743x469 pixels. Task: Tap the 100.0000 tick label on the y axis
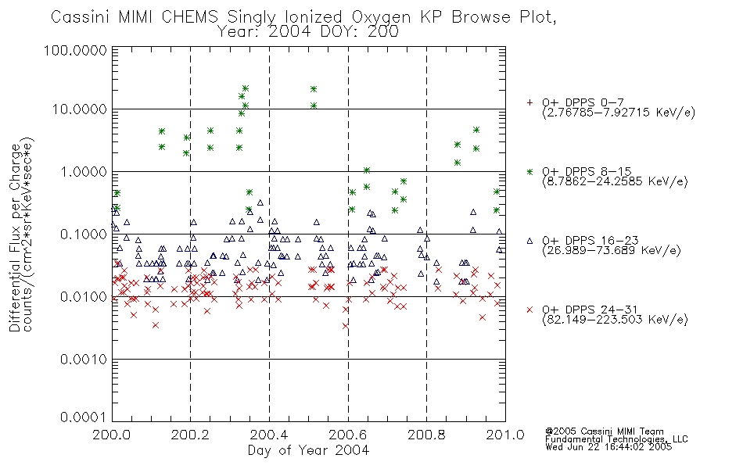(x=75, y=50)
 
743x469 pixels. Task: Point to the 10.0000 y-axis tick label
(x=80, y=109)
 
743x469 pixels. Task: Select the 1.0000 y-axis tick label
(x=84, y=171)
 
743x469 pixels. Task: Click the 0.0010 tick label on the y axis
(x=84, y=360)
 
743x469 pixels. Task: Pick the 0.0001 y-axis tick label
(x=84, y=417)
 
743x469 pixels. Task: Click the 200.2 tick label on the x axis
(x=190, y=435)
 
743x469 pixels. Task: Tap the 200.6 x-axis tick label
(x=347, y=435)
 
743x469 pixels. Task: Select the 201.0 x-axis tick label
(x=505, y=435)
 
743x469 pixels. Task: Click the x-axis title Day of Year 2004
(x=308, y=450)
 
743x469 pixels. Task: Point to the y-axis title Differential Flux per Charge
(x=15, y=238)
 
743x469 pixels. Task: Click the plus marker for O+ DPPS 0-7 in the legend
(x=529, y=102)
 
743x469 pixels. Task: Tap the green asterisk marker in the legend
(x=529, y=171)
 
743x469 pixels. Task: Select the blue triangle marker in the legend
(x=529, y=241)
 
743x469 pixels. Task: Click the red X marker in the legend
(x=529, y=310)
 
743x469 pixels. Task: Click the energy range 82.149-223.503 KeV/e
(x=615, y=320)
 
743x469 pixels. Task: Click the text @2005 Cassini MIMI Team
(x=605, y=431)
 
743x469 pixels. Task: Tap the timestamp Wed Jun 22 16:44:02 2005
(x=608, y=447)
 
